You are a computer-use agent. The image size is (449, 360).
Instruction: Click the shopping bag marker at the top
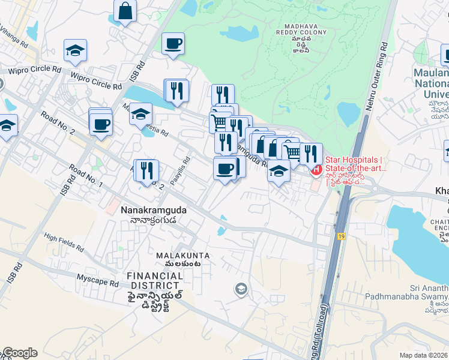tap(125, 11)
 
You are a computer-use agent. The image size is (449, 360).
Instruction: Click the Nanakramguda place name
tap(154, 211)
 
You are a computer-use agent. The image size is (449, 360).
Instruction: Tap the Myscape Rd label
tap(98, 278)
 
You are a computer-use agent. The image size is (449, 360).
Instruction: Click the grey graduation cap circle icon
tap(241, 290)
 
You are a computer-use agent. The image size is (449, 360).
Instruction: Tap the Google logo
tap(19, 353)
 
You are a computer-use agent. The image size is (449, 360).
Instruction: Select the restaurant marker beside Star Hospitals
tap(311, 154)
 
